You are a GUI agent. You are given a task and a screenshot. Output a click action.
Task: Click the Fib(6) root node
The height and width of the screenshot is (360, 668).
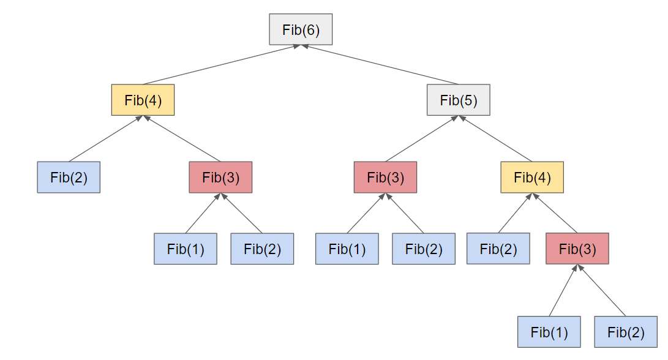301,29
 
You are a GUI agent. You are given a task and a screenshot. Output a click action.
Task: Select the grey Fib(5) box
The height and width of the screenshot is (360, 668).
458,100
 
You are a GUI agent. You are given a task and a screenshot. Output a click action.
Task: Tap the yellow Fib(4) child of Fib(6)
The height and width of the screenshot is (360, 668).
143,100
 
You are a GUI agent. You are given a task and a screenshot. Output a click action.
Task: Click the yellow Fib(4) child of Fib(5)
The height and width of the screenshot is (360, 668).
531,178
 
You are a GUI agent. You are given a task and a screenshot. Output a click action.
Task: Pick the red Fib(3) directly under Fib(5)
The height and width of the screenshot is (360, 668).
385,178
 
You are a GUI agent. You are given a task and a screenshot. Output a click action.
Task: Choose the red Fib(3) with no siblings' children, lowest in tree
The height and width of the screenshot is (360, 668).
577,249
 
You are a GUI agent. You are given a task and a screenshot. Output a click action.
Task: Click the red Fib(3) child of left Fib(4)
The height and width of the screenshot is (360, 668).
220,178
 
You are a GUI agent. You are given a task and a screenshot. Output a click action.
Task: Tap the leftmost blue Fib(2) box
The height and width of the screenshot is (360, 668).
69,178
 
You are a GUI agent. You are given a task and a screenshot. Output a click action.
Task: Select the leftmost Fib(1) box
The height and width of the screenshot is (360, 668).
186,249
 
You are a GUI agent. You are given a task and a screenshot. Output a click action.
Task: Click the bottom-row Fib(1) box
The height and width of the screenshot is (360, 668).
549,332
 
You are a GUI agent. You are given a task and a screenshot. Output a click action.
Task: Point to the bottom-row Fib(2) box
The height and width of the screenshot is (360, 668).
626,332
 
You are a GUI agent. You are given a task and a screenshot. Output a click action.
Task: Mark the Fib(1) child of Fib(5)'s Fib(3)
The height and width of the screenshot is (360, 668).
347,249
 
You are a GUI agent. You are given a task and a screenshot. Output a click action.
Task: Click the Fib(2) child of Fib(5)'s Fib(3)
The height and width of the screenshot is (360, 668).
424,249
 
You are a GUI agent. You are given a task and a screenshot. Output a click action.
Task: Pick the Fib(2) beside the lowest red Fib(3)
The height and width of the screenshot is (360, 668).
498,249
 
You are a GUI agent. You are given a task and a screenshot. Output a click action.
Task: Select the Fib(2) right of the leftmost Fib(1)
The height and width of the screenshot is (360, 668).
262,249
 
